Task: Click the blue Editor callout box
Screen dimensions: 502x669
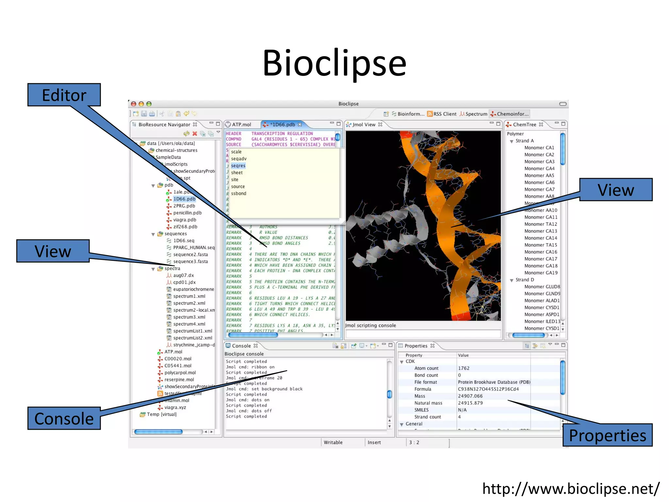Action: (64, 95)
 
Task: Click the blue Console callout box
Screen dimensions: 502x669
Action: (64, 418)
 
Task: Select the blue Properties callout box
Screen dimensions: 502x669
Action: (607, 435)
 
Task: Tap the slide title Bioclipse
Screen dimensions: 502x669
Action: (334, 63)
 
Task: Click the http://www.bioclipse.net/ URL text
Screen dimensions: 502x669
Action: (571, 489)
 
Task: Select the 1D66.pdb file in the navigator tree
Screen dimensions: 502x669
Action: (184, 199)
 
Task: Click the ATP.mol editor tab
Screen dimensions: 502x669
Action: (241, 125)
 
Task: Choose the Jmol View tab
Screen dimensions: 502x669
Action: (364, 125)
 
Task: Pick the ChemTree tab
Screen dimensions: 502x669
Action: (524, 125)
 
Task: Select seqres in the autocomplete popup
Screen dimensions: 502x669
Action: (238, 166)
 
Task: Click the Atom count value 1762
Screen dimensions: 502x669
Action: (464, 368)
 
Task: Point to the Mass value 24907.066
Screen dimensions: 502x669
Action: (470, 396)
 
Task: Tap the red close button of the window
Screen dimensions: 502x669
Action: (134, 104)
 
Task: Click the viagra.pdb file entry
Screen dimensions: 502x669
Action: (185, 220)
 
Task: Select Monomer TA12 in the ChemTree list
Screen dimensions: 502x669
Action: (541, 224)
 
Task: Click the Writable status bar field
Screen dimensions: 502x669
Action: (333, 442)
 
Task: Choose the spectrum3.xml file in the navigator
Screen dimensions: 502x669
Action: (189, 317)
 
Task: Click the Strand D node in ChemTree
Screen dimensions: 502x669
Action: (525, 280)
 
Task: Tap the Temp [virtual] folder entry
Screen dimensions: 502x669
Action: (161, 414)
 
